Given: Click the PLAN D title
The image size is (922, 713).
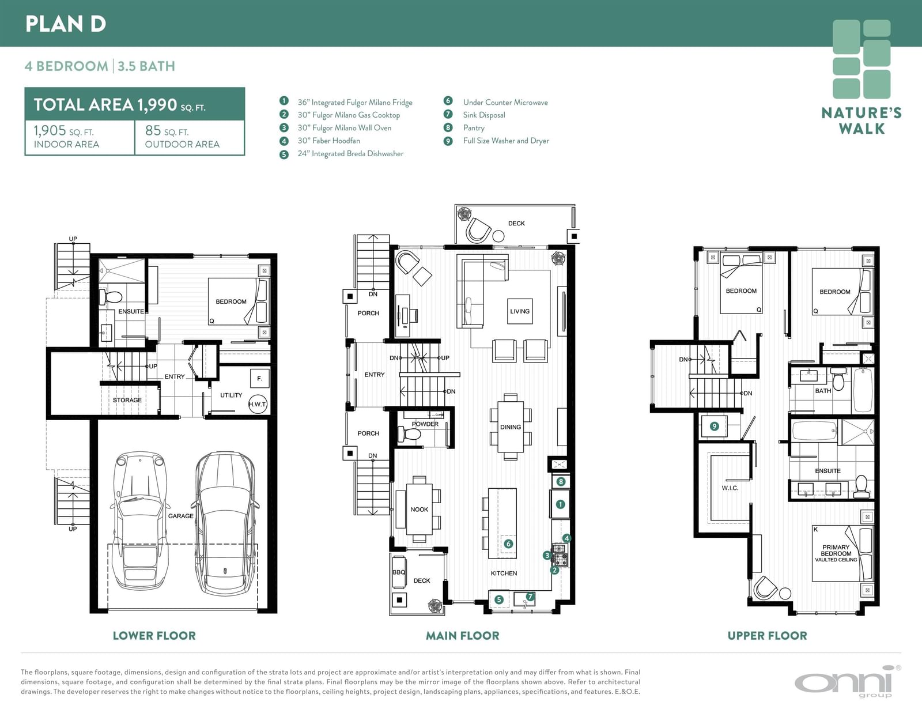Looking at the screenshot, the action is coord(65,24).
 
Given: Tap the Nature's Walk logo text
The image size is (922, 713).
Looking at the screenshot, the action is coord(861,120).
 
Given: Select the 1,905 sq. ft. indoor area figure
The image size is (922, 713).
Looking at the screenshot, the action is coord(63,131).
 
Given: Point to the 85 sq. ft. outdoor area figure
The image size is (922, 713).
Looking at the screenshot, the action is coord(167,131).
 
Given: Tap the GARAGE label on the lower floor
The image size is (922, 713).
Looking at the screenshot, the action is coord(181,516).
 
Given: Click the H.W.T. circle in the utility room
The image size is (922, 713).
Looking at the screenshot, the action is coord(258,404).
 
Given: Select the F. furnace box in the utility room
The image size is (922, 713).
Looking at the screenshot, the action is coord(260,379).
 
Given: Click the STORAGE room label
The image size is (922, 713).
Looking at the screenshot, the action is coord(127,400).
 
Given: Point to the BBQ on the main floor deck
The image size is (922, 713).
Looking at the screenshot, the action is coord(399,572).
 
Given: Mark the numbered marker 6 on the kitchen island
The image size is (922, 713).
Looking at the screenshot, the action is coord(508,544).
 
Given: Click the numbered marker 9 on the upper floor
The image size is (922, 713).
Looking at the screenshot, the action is coord(714,426).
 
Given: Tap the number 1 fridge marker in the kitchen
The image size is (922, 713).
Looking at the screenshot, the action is coord(560,504).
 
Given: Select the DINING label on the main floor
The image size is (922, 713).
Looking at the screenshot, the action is coord(511,427).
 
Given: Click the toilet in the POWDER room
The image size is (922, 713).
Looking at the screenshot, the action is coord(409,435).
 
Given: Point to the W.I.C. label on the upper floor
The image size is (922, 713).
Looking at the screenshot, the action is coord(730,488).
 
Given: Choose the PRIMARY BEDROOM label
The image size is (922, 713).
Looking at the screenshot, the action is coord(836,550).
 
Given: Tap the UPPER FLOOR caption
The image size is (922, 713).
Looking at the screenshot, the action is coord(767,636).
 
